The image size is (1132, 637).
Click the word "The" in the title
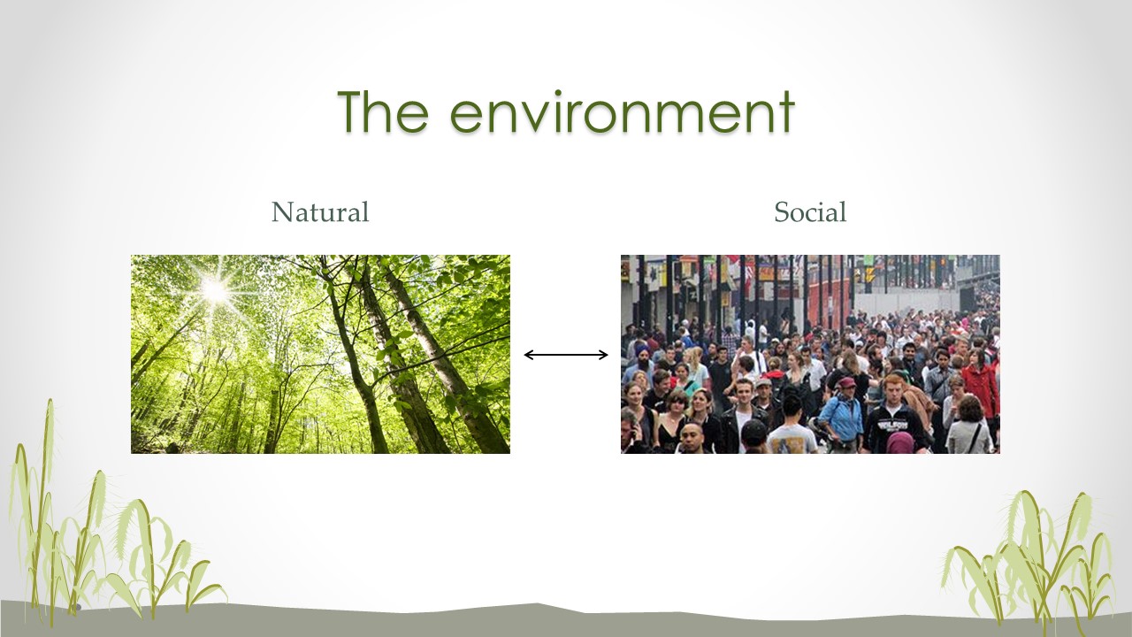pos(383,111)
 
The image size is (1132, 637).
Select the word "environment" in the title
pos(622,111)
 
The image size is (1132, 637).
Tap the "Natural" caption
pos(320,211)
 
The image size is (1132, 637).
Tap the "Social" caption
pos(810,211)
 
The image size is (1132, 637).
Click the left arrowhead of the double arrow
pos(529,355)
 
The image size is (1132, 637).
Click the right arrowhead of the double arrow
pos(603,355)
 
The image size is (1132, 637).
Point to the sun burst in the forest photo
pos(215,291)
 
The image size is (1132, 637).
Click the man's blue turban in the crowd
pos(643,351)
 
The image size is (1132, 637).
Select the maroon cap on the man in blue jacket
pos(846,382)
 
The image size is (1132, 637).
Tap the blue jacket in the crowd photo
pos(840,418)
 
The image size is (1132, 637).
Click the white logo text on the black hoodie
pos(893,426)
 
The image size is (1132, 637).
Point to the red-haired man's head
pos(893,388)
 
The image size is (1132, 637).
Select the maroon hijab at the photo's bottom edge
pos(900,443)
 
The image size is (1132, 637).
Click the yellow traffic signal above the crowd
pos(868,274)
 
